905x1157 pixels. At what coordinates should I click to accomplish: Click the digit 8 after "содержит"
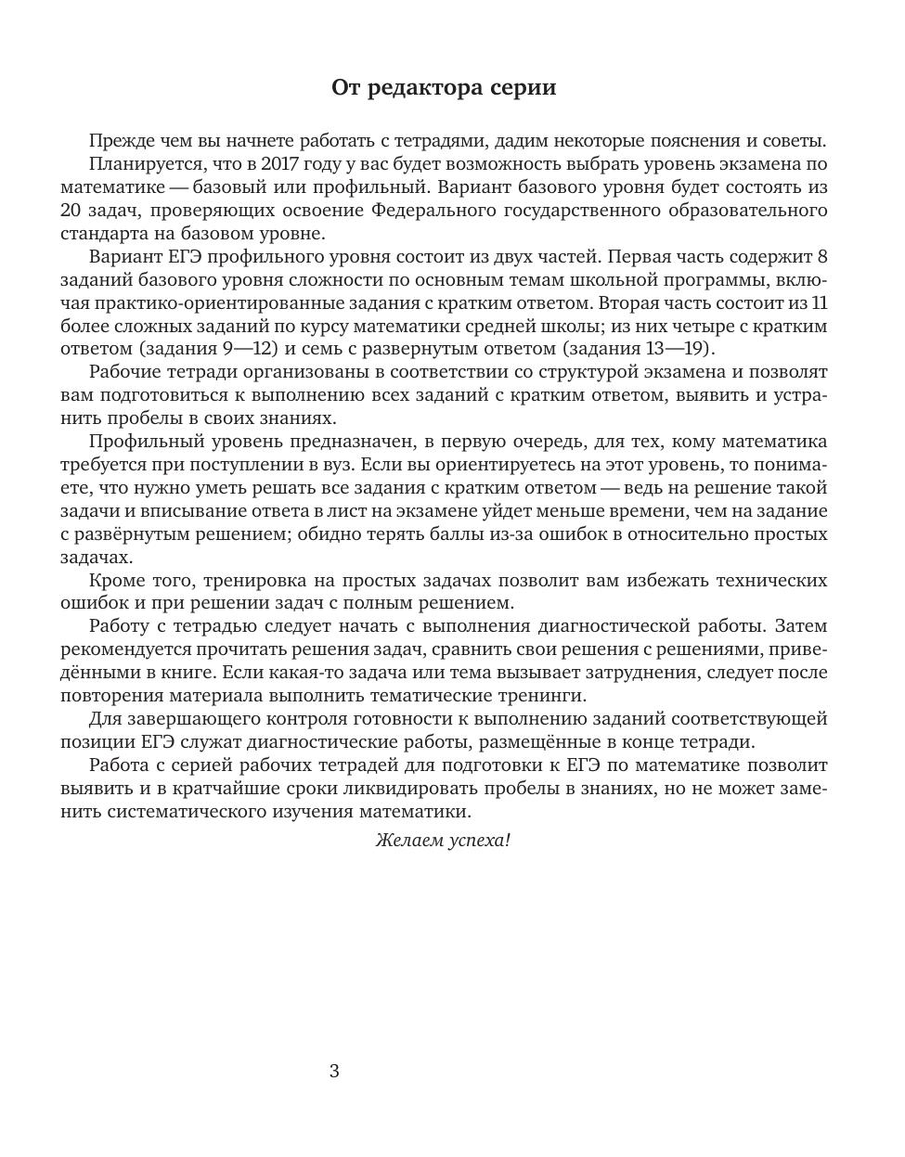(x=821, y=257)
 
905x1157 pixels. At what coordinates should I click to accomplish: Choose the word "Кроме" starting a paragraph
(x=115, y=581)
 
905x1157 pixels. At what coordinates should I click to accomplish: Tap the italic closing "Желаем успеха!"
(x=443, y=841)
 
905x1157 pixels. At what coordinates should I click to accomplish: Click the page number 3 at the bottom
(x=334, y=1072)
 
